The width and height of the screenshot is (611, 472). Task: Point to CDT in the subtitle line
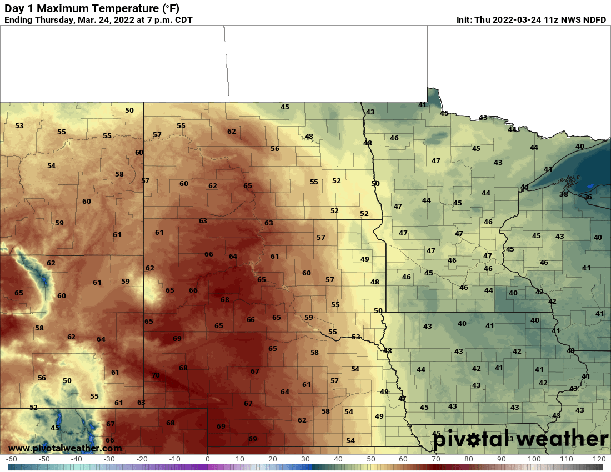[x=183, y=20]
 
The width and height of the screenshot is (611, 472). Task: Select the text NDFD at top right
[x=594, y=20]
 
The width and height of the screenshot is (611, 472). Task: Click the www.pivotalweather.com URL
[x=65, y=448]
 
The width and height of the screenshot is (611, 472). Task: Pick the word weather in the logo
[x=562, y=439]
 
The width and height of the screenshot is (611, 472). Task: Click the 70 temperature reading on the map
[x=156, y=375]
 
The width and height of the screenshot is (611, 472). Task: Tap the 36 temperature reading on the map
[x=588, y=197]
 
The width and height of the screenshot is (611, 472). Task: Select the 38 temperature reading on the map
[x=564, y=194]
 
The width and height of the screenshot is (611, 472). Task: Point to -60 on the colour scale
[x=11, y=459]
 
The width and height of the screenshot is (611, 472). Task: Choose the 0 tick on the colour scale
[x=207, y=459]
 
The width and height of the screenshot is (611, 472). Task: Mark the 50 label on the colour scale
[x=370, y=459]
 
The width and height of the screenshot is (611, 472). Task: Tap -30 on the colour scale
[x=109, y=459]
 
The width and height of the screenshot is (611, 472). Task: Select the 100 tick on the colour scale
[x=534, y=459]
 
